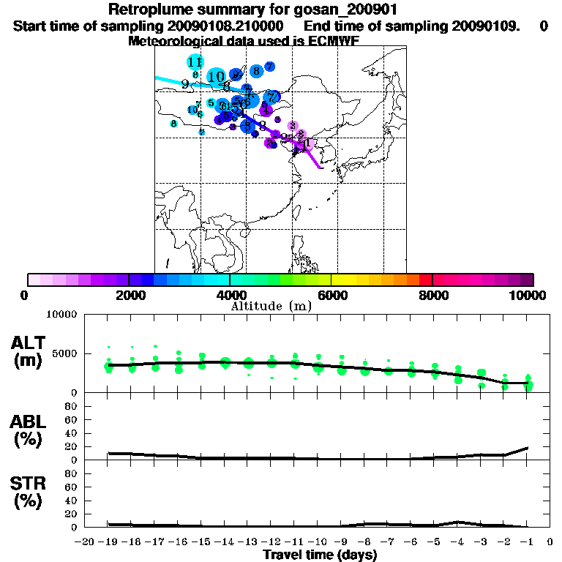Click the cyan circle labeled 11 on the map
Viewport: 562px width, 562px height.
tap(195, 62)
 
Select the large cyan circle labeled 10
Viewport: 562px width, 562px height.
tap(216, 76)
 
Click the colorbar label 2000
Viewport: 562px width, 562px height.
tap(128, 295)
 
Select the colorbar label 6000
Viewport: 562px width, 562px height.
tap(331, 295)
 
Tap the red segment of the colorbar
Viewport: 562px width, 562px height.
tap(424, 280)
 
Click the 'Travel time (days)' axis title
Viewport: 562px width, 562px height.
tap(320, 555)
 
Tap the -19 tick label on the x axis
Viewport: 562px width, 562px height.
tap(108, 542)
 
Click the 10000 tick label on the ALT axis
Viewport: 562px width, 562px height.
tap(61, 315)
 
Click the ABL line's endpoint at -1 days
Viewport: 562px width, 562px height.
tap(528, 447)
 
